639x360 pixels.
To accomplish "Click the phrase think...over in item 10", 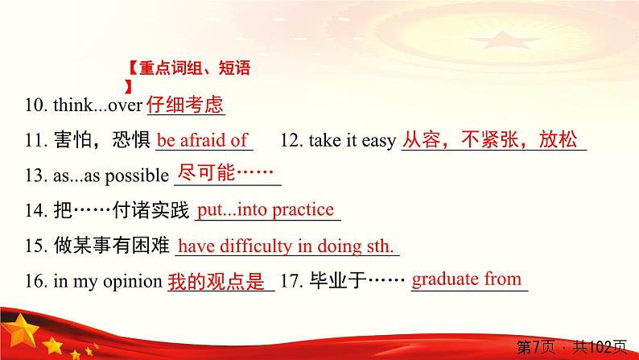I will [97, 106].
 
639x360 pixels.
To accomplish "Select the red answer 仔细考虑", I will [186, 105].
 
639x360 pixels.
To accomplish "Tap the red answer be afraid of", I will [202, 140].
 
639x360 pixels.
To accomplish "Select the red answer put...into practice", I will [266, 210].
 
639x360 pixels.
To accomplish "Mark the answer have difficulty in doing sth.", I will [286, 246].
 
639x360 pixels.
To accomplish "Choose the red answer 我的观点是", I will [217, 282].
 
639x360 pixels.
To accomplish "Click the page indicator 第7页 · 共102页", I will [570, 346].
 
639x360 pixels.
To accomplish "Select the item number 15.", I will [34, 247].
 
